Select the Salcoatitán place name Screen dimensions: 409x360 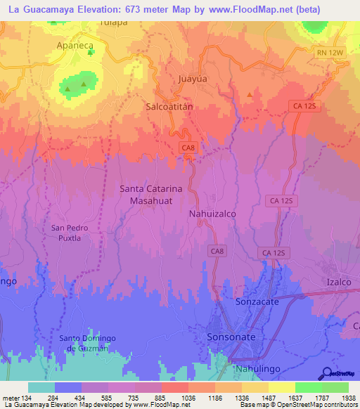click(x=169, y=106)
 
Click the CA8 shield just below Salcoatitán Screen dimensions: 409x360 click(x=187, y=147)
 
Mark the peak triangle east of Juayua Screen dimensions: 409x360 click(x=250, y=93)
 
